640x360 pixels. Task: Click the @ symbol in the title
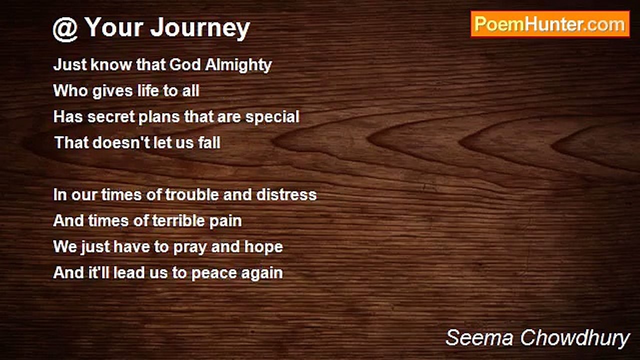pyautogui.click(x=65, y=29)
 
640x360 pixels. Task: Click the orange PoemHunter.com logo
pyautogui.click(x=550, y=24)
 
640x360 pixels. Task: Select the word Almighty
pyautogui.click(x=238, y=65)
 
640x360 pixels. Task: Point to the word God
pyautogui.click(x=185, y=65)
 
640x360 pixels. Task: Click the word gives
pyautogui.click(x=112, y=91)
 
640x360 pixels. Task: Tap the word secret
pyautogui.click(x=111, y=117)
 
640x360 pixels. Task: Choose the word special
pyautogui.click(x=272, y=117)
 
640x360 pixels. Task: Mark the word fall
pyautogui.click(x=209, y=142)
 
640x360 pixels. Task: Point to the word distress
pyautogui.click(x=286, y=194)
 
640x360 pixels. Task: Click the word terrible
pyautogui.click(x=178, y=220)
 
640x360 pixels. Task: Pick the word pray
pyautogui.click(x=190, y=247)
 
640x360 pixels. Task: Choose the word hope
pyautogui.click(x=263, y=247)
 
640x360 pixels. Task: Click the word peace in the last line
pyautogui.click(x=214, y=273)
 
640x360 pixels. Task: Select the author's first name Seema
pyautogui.click(x=479, y=337)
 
